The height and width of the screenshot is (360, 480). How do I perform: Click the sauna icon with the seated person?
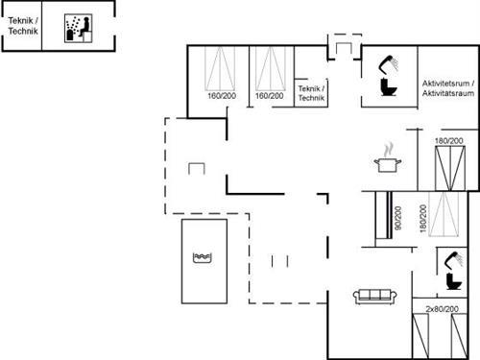click(x=74, y=28)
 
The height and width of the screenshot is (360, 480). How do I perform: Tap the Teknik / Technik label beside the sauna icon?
click(x=22, y=28)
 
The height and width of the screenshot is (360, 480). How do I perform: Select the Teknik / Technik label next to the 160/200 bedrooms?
click(x=312, y=94)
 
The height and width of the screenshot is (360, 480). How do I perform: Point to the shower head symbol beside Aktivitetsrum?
click(x=390, y=64)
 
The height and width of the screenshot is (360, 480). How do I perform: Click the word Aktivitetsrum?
click(x=447, y=84)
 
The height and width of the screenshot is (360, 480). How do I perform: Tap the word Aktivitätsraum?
click(x=447, y=93)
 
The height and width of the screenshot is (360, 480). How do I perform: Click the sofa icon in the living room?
click(x=374, y=296)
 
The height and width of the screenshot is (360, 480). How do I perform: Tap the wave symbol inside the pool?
click(x=202, y=257)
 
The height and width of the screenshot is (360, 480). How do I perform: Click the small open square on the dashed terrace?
click(x=198, y=169)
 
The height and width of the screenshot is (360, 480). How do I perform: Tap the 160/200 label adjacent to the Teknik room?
click(x=270, y=95)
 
